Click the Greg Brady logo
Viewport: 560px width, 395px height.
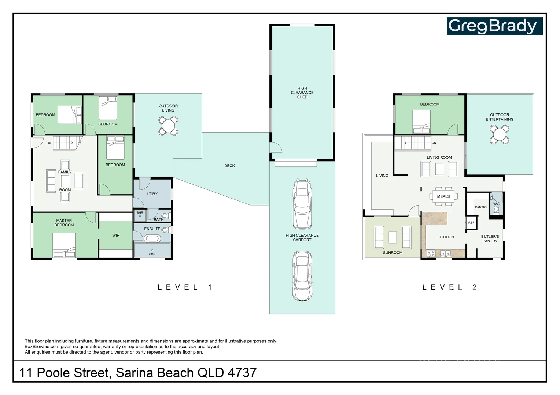pos(494,26)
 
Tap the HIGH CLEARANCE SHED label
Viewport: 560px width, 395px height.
pos(302,93)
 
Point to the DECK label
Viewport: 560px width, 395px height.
pos(229,166)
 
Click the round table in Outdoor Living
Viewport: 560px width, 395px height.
pos(168,126)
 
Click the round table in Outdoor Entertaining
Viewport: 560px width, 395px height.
pos(500,135)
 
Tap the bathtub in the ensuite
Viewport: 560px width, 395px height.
pos(152,239)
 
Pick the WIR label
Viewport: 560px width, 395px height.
pos(116,236)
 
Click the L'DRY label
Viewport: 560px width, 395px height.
pos(152,194)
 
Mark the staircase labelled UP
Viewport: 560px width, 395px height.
pos(64,143)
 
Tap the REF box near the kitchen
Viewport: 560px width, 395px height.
pos(471,223)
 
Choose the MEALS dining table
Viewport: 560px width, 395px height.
pos(443,196)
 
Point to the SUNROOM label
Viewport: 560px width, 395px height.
pos(393,253)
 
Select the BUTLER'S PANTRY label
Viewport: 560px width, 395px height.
pos(490,239)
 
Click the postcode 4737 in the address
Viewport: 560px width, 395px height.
pos(242,373)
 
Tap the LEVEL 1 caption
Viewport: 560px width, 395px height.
pos(185,287)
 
